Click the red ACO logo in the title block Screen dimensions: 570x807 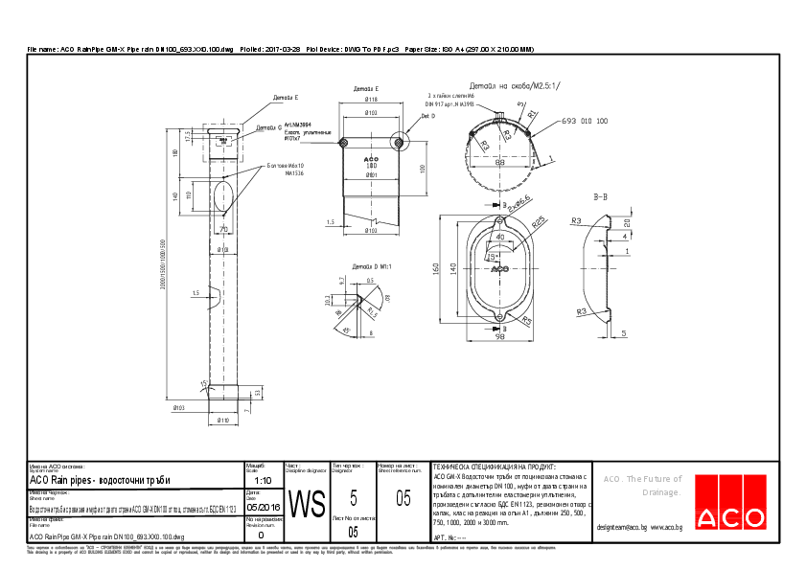click(x=729, y=516)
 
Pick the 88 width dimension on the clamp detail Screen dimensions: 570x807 click(x=499, y=163)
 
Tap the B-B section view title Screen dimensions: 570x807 click(x=601, y=196)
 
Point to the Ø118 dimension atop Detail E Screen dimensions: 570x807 click(x=371, y=100)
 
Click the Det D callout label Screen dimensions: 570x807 click(x=427, y=116)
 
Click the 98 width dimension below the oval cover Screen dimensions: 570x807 click(x=499, y=337)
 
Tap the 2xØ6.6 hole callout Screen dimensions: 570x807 click(x=520, y=202)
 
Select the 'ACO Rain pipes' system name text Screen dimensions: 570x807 click(x=100, y=480)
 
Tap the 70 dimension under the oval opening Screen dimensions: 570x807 click(x=223, y=230)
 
